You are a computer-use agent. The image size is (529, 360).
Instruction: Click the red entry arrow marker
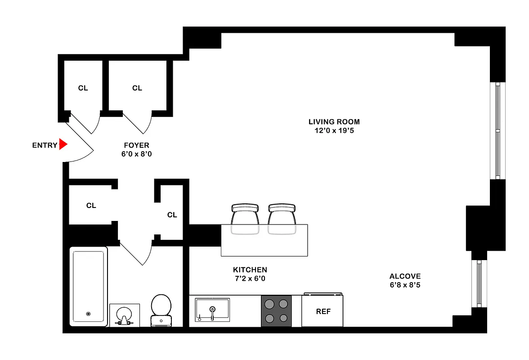(63, 144)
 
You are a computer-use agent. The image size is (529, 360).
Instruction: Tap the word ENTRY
(45, 145)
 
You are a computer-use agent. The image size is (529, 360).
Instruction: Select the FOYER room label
(136, 145)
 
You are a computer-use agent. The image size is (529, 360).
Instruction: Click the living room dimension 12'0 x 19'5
(334, 131)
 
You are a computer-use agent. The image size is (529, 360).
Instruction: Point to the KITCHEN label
(250, 270)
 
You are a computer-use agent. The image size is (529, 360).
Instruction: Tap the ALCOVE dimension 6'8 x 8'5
(405, 285)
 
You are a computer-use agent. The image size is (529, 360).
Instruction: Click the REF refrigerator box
(323, 311)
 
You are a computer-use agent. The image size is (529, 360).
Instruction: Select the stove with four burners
(276, 311)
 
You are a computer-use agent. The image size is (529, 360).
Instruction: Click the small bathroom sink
(124, 315)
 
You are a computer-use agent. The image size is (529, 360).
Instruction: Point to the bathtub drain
(88, 314)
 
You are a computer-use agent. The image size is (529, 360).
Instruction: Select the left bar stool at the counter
(245, 219)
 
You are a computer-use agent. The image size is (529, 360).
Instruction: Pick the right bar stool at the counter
(282, 219)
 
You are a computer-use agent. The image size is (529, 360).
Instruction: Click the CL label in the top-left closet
(83, 88)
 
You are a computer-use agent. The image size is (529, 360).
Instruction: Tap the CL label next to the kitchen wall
(172, 215)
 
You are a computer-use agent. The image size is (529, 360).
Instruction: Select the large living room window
(497, 130)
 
